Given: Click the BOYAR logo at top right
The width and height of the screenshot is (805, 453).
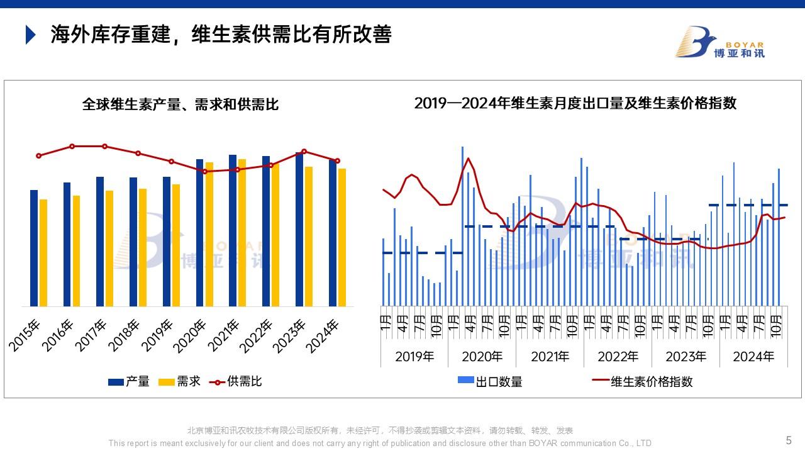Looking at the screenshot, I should (x=719, y=42).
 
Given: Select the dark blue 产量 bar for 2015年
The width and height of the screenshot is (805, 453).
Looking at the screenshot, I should (x=34, y=248).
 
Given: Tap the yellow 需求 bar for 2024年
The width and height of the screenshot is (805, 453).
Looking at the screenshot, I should (x=342, y=237).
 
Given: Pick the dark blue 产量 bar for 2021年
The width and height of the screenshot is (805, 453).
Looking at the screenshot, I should (x=233, y=230).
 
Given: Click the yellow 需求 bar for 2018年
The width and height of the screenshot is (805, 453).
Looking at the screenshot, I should (x=143, y=247).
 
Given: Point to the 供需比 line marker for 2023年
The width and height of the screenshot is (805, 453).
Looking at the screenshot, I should (x=304, y=151).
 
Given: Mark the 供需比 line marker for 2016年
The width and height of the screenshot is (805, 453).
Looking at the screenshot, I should (x=72, y=146).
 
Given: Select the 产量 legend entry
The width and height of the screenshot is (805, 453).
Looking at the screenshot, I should (x=129, y=381).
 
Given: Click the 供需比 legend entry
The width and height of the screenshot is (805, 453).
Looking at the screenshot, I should (x=236, y=381).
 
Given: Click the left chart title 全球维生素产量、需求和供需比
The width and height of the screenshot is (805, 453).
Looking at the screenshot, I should (x=180, y=104).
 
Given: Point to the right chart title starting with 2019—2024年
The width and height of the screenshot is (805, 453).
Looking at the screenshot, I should (x=575, y=103).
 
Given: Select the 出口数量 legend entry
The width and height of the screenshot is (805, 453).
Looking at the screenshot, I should (x=491, y=381).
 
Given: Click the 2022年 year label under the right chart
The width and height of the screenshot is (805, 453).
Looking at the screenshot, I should (x=618, y=357).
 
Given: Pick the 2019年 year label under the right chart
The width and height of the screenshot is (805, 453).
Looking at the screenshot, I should (x=414, y=357).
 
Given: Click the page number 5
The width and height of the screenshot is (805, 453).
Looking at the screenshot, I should (x=789, y=440).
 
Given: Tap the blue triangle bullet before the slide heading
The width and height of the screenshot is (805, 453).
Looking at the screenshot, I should (x=30, y=35).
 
